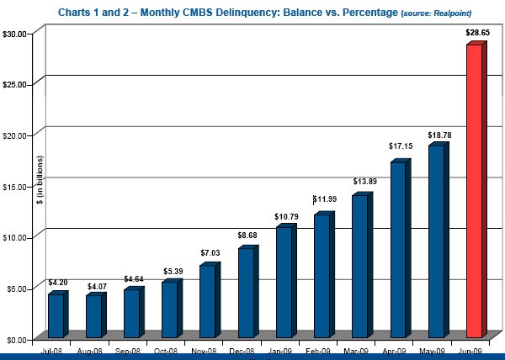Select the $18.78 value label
[439, 135]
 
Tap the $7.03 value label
[210, 253]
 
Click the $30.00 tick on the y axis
[17, 33]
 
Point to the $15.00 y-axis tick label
[17, 186]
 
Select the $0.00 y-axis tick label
[19, 339]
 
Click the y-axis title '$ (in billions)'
[38, 181]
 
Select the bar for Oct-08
[170, 310]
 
